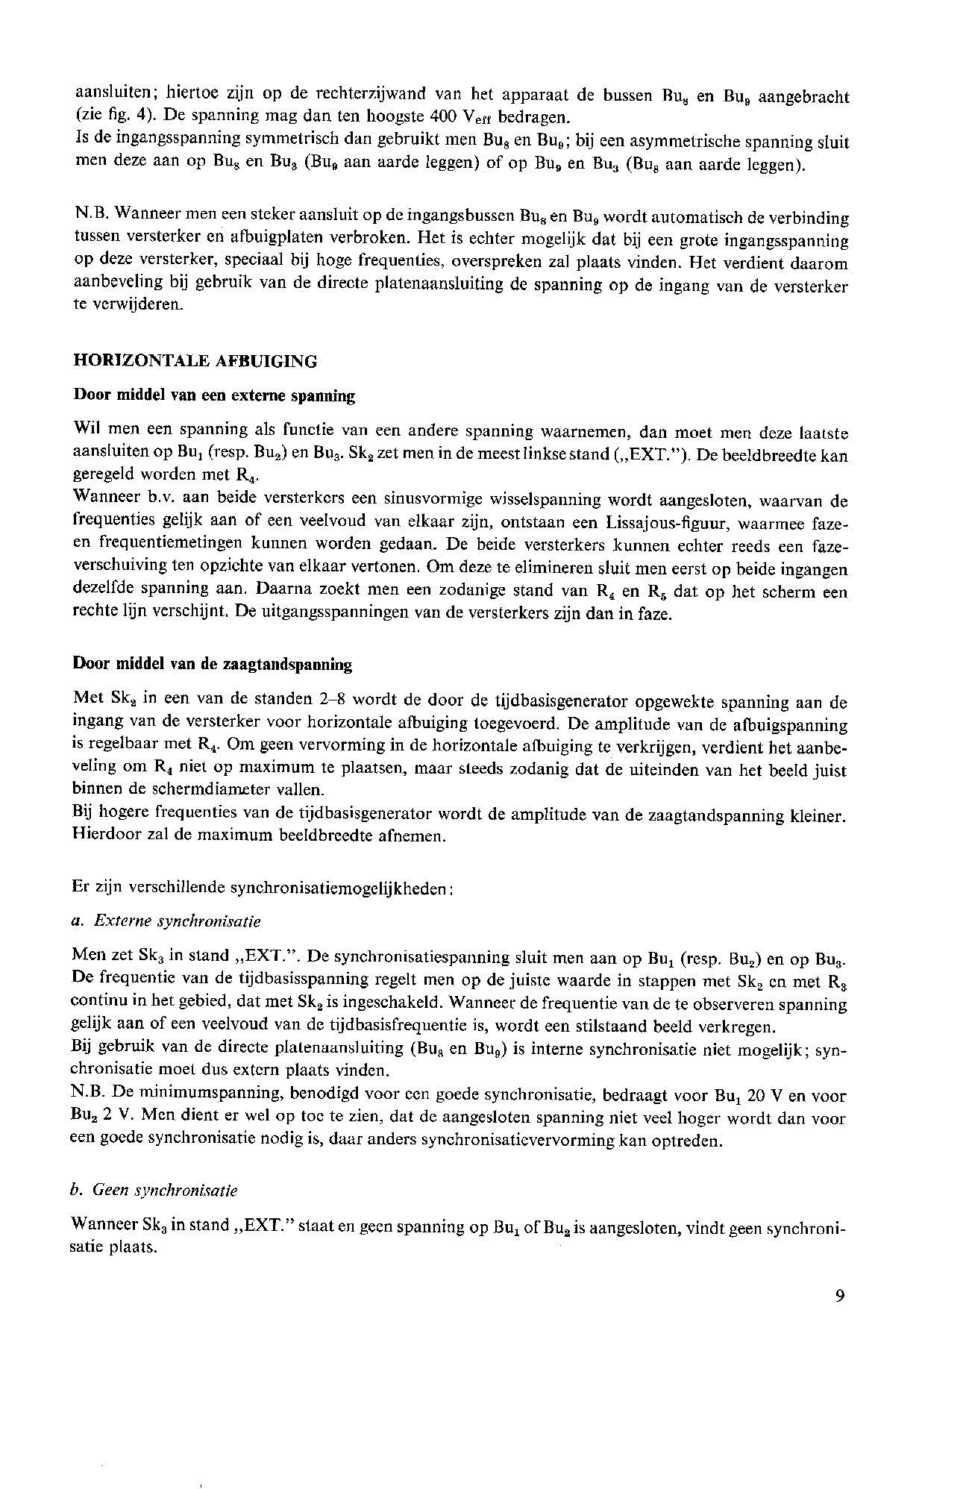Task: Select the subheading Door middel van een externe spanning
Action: tap(214, 396)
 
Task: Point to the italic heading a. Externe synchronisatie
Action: tap(166, 921)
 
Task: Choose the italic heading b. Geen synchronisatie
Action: tap(154, 1191)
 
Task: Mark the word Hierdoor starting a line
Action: tap(104, 835)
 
